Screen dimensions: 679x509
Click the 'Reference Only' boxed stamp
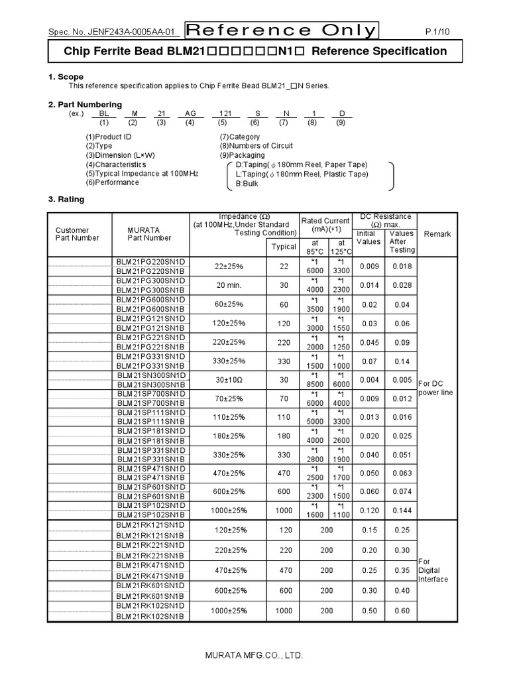tap(281, 31)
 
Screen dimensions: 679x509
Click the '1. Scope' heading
tap(66, 77)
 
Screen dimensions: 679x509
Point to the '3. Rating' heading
tap(67, 199)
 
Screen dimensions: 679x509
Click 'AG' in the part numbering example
tap(190, 113)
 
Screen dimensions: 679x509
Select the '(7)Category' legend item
tap(239, 137)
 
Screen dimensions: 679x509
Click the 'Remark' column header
tap(437, 234)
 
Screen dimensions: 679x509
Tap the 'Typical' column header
tap(284, 247)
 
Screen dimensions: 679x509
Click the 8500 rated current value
tap(314, 384)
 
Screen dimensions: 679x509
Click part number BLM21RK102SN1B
tap(150, 616)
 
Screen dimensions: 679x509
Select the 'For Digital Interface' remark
tap(433, 570)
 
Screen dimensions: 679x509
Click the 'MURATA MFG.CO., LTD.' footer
tap(254, 655)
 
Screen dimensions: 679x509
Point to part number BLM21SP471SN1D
tap(150, 469)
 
